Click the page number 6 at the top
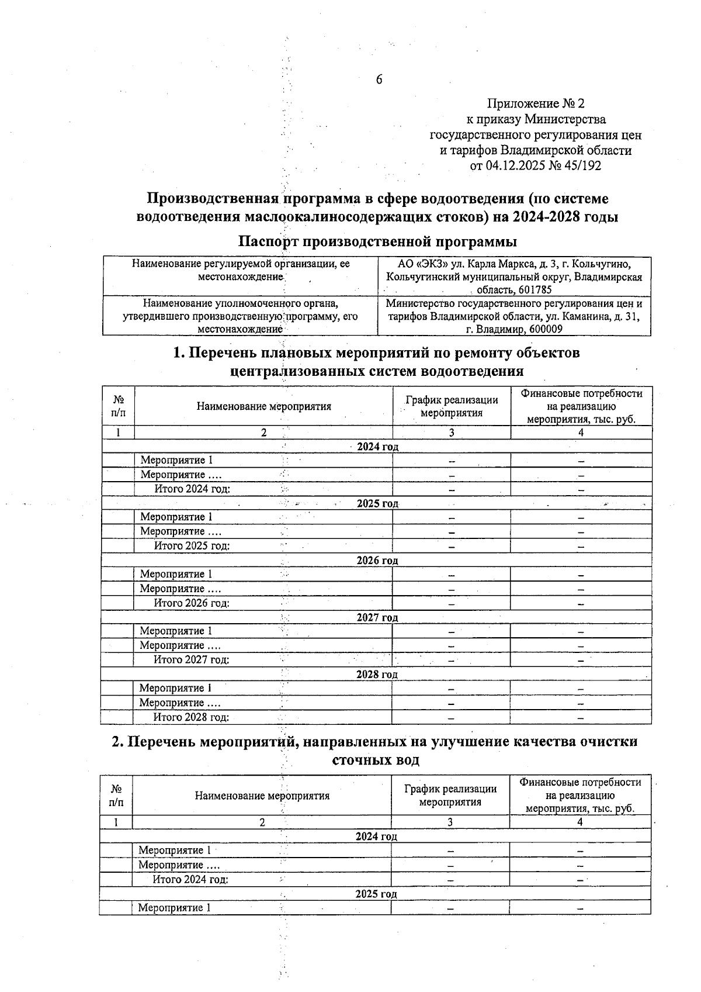tap(379, 80)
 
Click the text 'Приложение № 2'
tap(536, 104)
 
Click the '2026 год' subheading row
tap(377, 561)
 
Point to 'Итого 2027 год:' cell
tap(191, 660)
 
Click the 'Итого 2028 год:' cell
tap(191, 717)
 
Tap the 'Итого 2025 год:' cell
tap(192, 546)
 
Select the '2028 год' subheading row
tap(377, 675)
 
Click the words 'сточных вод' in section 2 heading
tap(376, 761)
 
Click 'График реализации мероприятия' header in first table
tap(452, 406)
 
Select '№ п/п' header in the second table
tap(116, 795)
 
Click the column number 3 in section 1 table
tap(452, 433)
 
